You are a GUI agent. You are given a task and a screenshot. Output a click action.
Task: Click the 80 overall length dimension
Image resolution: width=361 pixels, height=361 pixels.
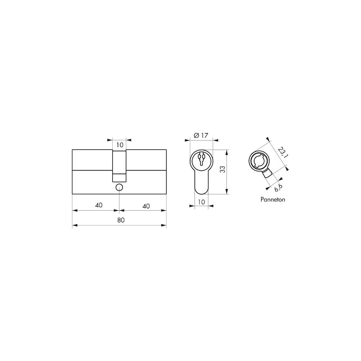pos(121,220)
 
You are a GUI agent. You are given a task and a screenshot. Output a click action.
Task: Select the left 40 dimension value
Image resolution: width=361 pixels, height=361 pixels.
pos(99,205)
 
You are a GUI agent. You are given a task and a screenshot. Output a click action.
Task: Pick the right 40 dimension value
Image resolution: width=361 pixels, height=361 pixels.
pos(146,206)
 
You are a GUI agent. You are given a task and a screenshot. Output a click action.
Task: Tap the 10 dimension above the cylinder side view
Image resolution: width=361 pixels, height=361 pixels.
pos(120,145)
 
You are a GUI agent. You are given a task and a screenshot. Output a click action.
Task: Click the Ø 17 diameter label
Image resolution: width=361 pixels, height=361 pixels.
pos(201,135)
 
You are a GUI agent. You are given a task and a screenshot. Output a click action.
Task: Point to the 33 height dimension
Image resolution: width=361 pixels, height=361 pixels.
pos(222,170)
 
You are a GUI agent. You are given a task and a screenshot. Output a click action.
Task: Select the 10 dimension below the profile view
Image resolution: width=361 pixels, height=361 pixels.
pos(201,202)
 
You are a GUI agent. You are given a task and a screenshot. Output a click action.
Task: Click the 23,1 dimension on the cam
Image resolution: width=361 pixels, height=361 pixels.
pos(283,152)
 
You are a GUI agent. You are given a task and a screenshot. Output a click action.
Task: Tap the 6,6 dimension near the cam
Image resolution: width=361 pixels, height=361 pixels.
pos(278,188)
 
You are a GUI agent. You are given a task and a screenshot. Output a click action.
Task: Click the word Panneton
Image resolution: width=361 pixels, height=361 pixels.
pos(273,199)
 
